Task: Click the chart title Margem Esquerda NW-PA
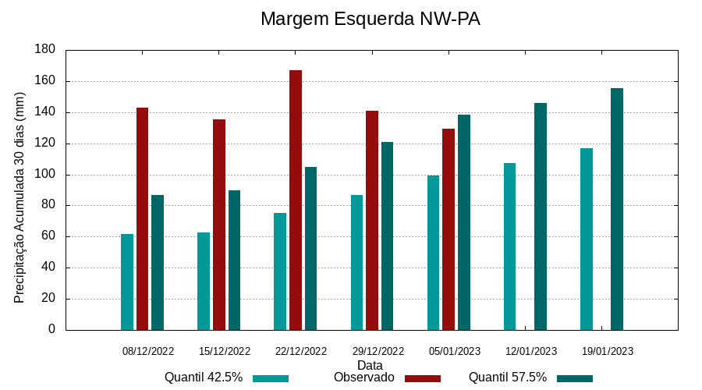click(370, 19)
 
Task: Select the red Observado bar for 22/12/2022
click(296, 200)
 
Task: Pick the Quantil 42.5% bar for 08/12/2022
click(127, 282)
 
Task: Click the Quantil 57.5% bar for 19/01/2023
click(617, 209)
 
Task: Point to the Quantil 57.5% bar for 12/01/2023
click(541, 216)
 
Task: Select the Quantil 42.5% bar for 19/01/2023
click(587, 239)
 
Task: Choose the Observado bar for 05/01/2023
click(448, 229)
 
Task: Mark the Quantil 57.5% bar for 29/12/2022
click(388, 236)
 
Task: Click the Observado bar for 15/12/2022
click(219, 225)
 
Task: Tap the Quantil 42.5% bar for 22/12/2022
click(280, 271)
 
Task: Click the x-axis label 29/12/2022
click(378, 351)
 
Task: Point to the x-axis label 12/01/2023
click(531, 351)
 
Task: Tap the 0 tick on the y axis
click(52, 329)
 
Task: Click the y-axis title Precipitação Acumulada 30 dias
click(20, 197)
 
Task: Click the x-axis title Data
click(370, 365)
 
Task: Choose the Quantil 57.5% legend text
click(507, 378)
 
